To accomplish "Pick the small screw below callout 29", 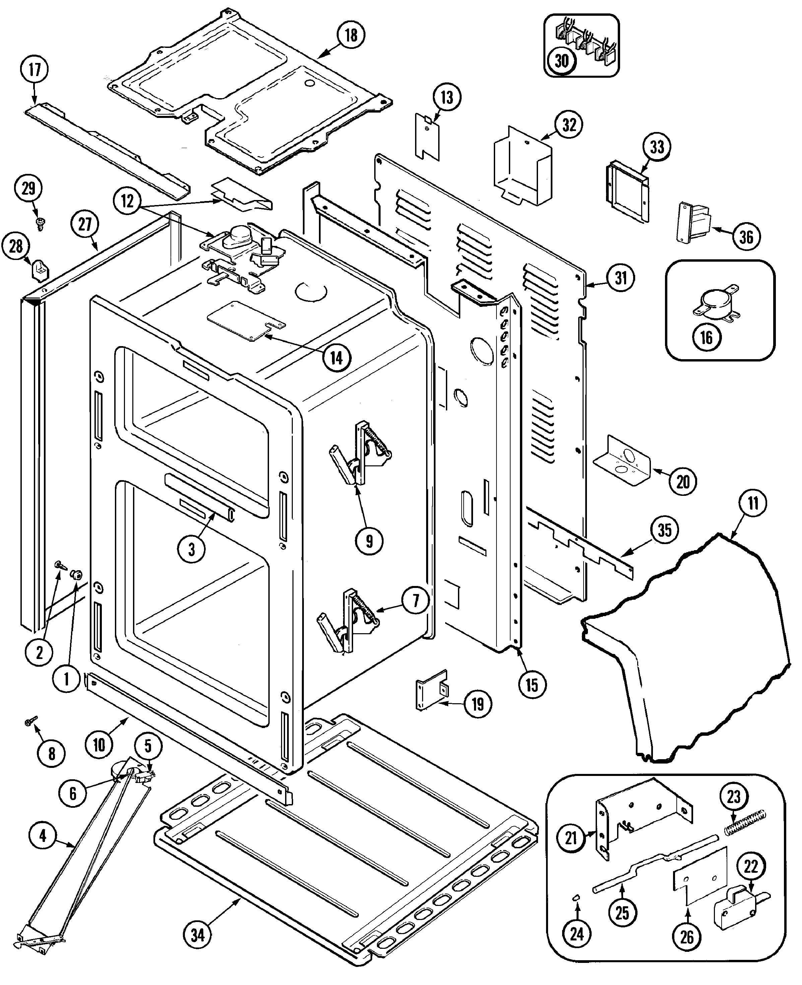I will point(40,224).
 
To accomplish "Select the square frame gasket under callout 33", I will point(627,193).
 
